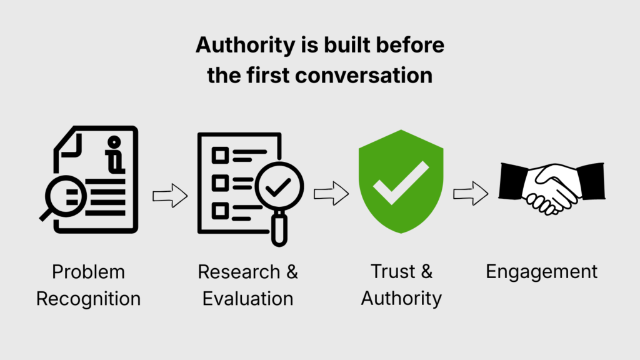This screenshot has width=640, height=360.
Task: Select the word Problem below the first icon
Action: point(88,272)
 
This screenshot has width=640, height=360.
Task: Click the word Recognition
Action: point(88,298)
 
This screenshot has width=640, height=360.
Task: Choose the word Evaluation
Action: point(247,298)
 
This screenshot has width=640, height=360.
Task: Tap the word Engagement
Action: point(541,272)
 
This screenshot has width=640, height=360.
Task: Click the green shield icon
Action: point(401,181)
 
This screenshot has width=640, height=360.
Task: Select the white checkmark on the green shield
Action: point(401,182)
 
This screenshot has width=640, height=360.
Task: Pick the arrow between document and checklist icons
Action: point(170,196)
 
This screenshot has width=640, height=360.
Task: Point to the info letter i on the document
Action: point(114,154)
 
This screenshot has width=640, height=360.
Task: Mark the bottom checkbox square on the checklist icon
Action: point(219,211)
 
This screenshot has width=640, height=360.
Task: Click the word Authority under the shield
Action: point(401,298)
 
